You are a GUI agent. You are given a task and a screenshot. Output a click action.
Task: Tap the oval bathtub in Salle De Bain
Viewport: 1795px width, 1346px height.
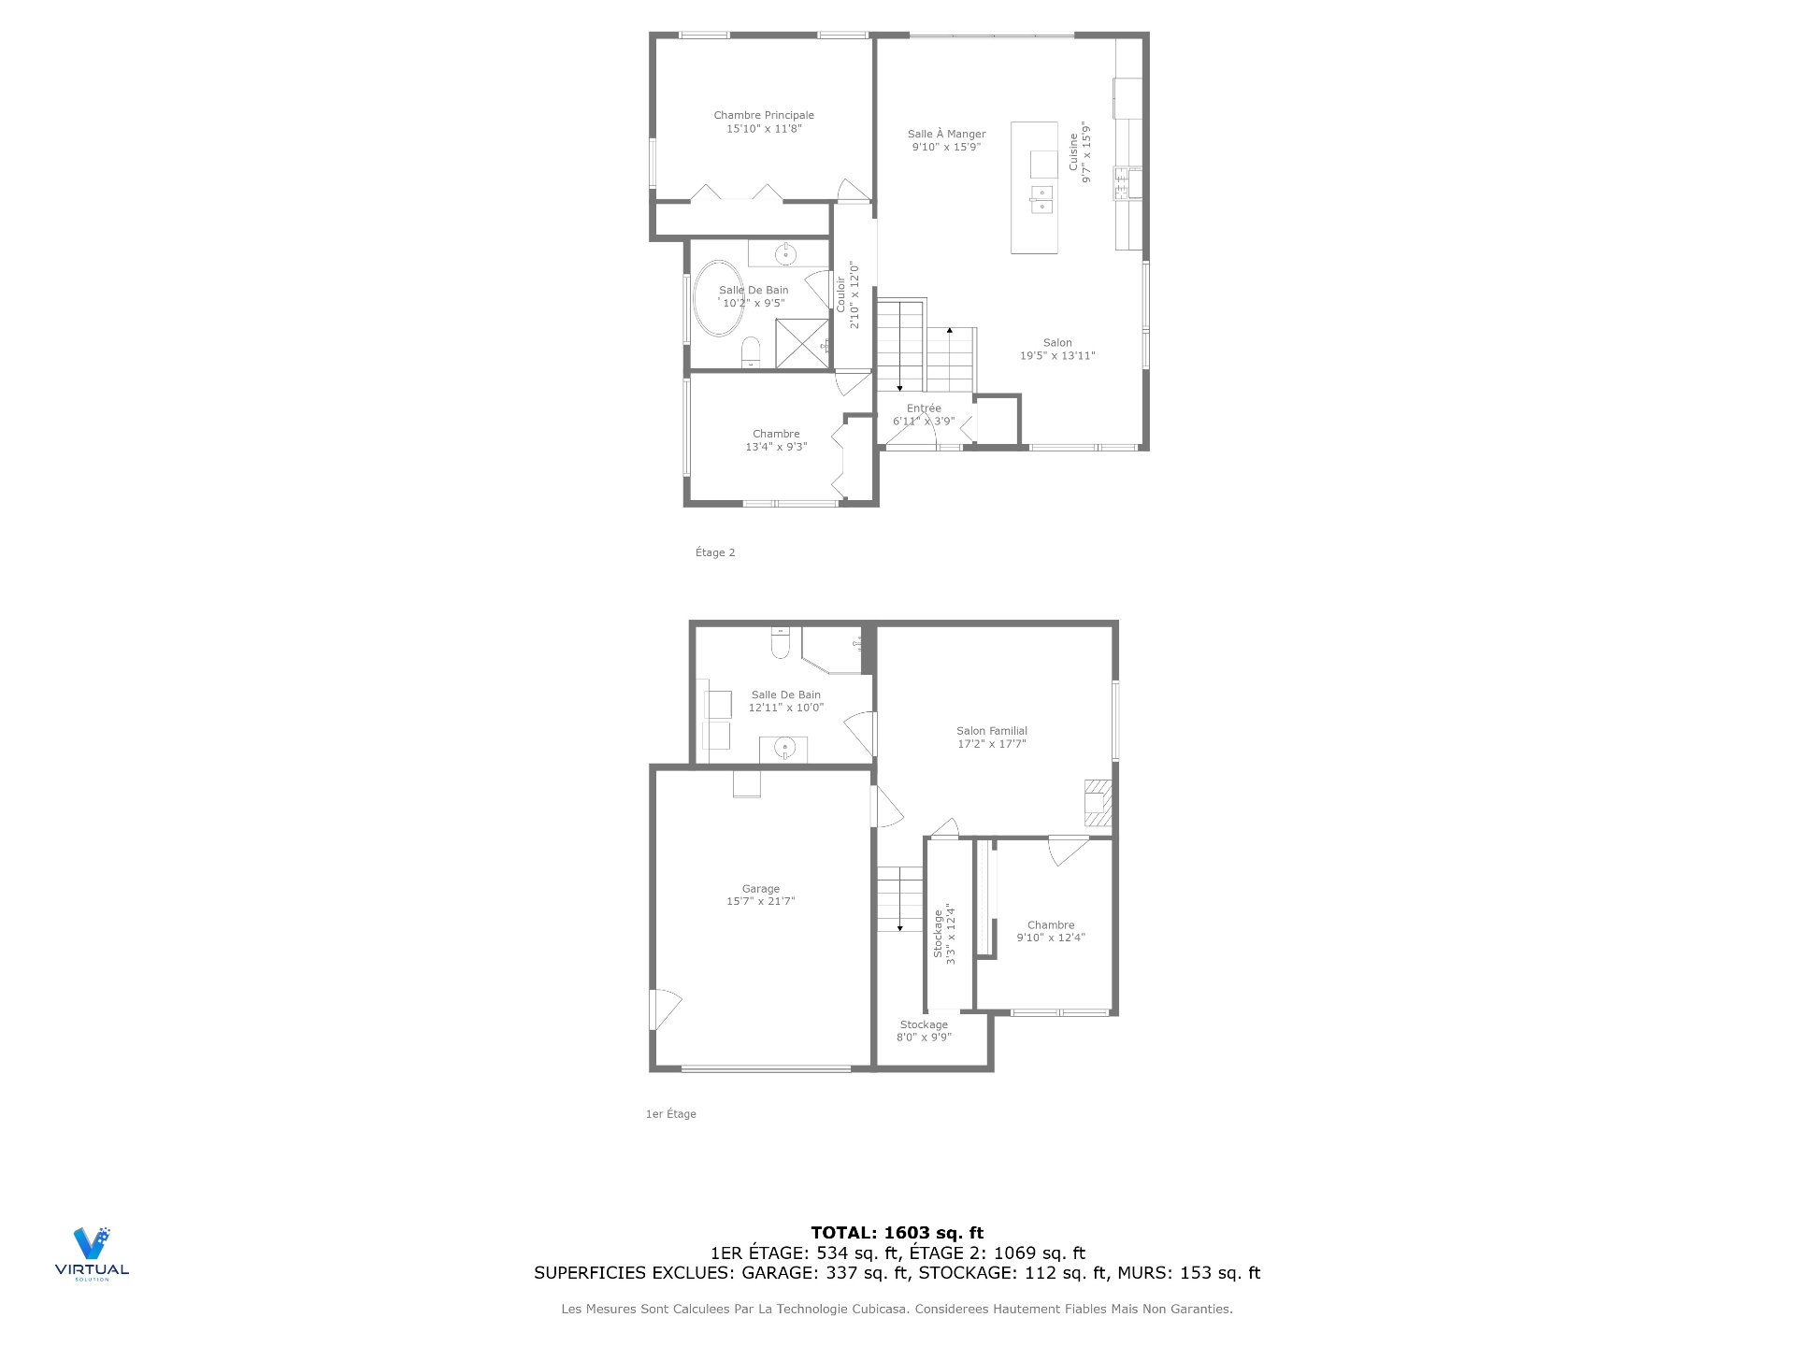[x=717, y=298]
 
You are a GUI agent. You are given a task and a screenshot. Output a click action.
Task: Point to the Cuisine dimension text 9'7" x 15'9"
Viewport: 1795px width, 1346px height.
[x=1085, y=151]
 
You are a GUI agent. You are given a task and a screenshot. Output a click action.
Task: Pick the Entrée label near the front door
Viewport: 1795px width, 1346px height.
[x=924, y=408]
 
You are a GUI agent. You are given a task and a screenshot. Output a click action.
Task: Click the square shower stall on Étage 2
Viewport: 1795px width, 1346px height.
[x=802, y=343]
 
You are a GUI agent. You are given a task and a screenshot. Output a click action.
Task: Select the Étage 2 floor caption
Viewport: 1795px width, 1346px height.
[x=715, y=552]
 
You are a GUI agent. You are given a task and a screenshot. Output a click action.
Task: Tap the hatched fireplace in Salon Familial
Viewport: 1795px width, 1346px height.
[x=1098, y=803]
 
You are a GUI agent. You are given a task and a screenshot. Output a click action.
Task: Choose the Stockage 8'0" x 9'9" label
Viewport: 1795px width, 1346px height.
[x=924, y=1031]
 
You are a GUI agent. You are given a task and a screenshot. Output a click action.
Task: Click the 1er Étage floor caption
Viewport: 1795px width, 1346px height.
[x=671, y=1114]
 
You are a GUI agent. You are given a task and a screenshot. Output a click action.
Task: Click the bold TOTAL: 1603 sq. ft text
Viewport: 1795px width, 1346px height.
[x=897, y=1233]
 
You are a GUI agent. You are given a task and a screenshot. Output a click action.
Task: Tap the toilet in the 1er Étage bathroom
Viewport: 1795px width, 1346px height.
[x=781, y=643]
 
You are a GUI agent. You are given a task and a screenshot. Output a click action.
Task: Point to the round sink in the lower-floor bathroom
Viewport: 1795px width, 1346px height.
[x=784, y=748]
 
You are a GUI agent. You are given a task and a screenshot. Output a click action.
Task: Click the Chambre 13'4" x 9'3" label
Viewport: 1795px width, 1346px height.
[x=776, y=440]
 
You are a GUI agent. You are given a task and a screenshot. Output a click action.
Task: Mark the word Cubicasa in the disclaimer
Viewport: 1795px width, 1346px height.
[x=879, y=1310]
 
